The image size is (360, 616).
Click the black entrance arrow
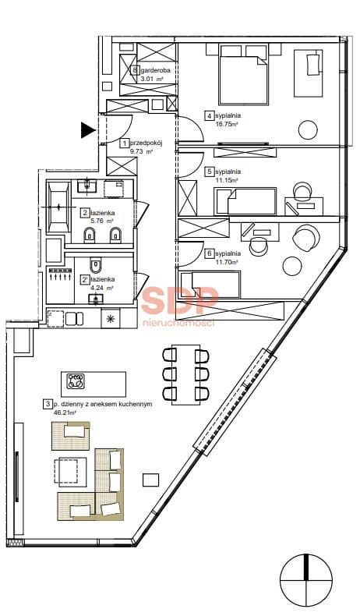pyautogui.click(x=87, y=130)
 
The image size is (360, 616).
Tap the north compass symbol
pyautogui.click(x=305, y=580)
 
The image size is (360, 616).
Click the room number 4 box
pyautogui.click(x=210, y=116)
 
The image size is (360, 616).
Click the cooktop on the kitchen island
pyautogui.click(x=76, y=381)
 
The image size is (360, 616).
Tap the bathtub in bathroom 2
pyautogui.click(x=58, y=207)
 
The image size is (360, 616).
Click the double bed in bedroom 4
pyautogui.click(x=243, y=75)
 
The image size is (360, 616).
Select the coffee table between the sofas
pyautogui.click(x=70, y=471)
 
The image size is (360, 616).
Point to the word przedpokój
pyautogui.click(x=146, y=143)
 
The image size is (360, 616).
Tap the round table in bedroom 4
pyautogui.click(x=308, y=129)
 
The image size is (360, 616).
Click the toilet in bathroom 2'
pyautogui.click(x=96, y=265)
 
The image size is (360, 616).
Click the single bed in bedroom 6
pyautogui.click(x=210, y=285)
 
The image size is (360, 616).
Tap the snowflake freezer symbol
pyautogui.click(x=109, y=319)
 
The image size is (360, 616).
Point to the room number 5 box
pyautogui.click(x=210, y=172)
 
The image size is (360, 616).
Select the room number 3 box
pyautogui.click(x=48, y=404)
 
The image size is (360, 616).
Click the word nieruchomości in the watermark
pyautogui.click(x=178, y=323)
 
